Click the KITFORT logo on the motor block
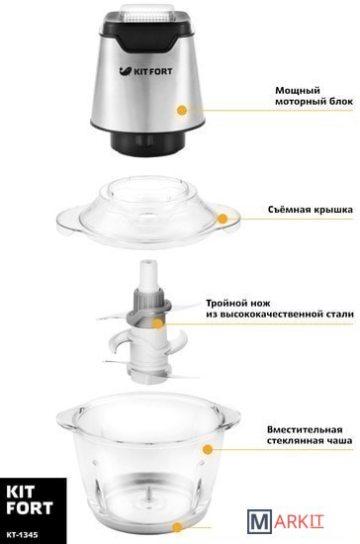click(145, 71)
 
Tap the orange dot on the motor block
click(182, 111)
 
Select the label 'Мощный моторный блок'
click(314, 96)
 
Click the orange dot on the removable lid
click(223, 219)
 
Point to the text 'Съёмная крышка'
click(311, 210)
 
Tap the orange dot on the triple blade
click(158, 323)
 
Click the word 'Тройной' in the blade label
click(226, 304)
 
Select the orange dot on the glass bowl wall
click(208, 449)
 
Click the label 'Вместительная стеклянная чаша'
click(310, 435)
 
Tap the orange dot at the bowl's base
click(177, 528)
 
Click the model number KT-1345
click(22, 535)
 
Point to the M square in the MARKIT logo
click(259, 520)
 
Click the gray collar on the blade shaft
click(148, 306)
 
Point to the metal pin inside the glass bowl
click(148, 494)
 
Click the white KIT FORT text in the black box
click(30, 499)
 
